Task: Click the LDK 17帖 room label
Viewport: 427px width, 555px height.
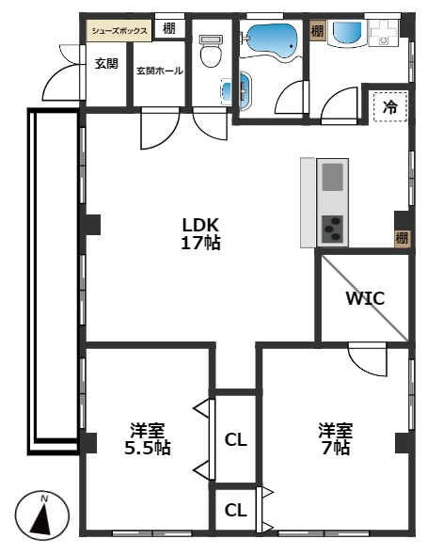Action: (x=200, y=233)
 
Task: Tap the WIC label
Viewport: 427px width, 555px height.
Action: (x=365, y=298)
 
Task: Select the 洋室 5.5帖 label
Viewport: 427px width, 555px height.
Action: (x=148, y=438)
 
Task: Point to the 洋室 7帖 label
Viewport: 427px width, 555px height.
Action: (x=335, y=438)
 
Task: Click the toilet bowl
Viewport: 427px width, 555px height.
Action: (x=211, y=52)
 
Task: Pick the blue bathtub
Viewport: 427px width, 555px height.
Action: (x=271, y=40)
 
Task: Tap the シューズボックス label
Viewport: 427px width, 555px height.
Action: (x=119, y=31)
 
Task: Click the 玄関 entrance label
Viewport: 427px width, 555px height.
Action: (x=106, y=64)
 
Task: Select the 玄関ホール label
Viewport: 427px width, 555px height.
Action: (x=160, y=71)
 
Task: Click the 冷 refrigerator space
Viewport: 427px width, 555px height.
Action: (x=389, y=106)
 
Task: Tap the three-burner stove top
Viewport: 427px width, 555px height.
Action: (x=332, y=229)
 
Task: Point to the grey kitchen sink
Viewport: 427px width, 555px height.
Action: (x=332, y=177)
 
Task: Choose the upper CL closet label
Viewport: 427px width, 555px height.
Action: (x=236, y=440)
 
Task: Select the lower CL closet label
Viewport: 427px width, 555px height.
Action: (x=236, y=510)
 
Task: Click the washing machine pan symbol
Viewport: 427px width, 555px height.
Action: (x=383, y=33)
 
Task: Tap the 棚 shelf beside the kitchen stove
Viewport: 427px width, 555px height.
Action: (x=402, y=238)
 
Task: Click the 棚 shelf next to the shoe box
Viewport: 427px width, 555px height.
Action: (x=169, y=28)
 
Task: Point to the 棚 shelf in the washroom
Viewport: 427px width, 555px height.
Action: (x=317, y=31)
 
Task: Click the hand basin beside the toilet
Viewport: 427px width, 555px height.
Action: (x=243, y=90)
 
